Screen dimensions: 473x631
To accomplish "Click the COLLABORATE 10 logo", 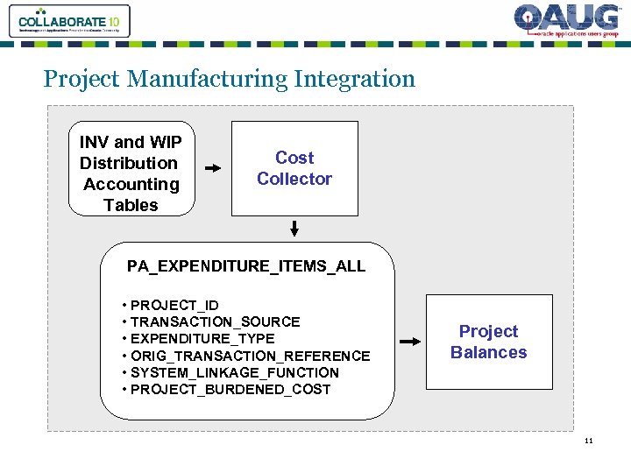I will point(69,21).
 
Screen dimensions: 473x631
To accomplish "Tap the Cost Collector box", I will point(294,168).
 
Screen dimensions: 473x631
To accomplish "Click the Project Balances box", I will point(489,342).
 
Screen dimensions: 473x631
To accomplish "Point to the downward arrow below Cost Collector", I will point(294,229).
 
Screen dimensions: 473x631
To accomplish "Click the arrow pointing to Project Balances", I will point(409,342).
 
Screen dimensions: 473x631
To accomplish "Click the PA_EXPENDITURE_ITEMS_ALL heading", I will point(246,266).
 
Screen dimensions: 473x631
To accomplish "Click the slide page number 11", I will point(589,441).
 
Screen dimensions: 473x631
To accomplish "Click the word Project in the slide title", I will point(82,79).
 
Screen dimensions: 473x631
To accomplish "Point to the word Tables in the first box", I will point(131,205).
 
